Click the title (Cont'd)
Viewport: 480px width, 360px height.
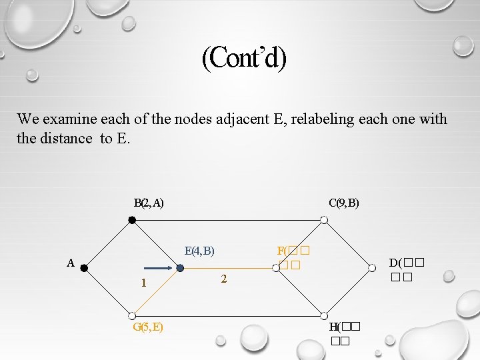click(x=244, y=59)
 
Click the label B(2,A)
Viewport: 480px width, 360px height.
click(x=149, y=203)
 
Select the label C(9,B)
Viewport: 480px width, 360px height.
click(x=344, y=203)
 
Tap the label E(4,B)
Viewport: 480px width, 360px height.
click(x=199, y=251)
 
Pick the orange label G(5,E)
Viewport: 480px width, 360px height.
click(x=149, y=327)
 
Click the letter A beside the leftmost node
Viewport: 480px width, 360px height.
click(x=71, y=263)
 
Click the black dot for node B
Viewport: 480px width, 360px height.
click(x=132, y=219)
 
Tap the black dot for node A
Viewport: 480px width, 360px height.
click(x=84, y=268)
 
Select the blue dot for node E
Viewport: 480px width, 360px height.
click(x=180, y=268)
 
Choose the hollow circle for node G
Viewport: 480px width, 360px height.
click(x=132, y=316)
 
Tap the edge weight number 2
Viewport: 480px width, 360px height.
click(x=224, y=279)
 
